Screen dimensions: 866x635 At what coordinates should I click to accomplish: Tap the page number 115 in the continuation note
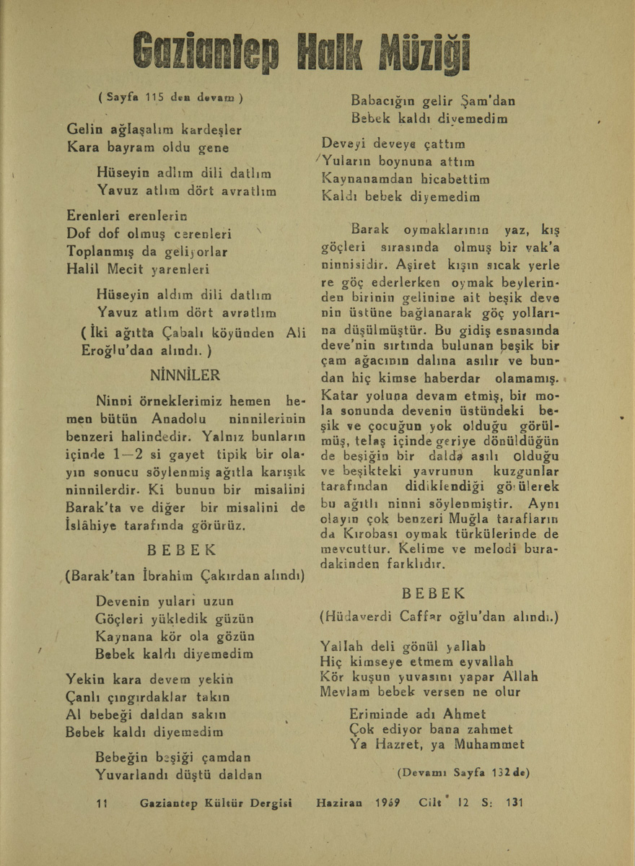156,96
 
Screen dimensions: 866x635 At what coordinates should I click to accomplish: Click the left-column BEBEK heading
181,548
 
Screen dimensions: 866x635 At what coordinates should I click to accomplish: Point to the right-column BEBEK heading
434,593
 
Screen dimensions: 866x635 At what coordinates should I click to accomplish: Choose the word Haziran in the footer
338,803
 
